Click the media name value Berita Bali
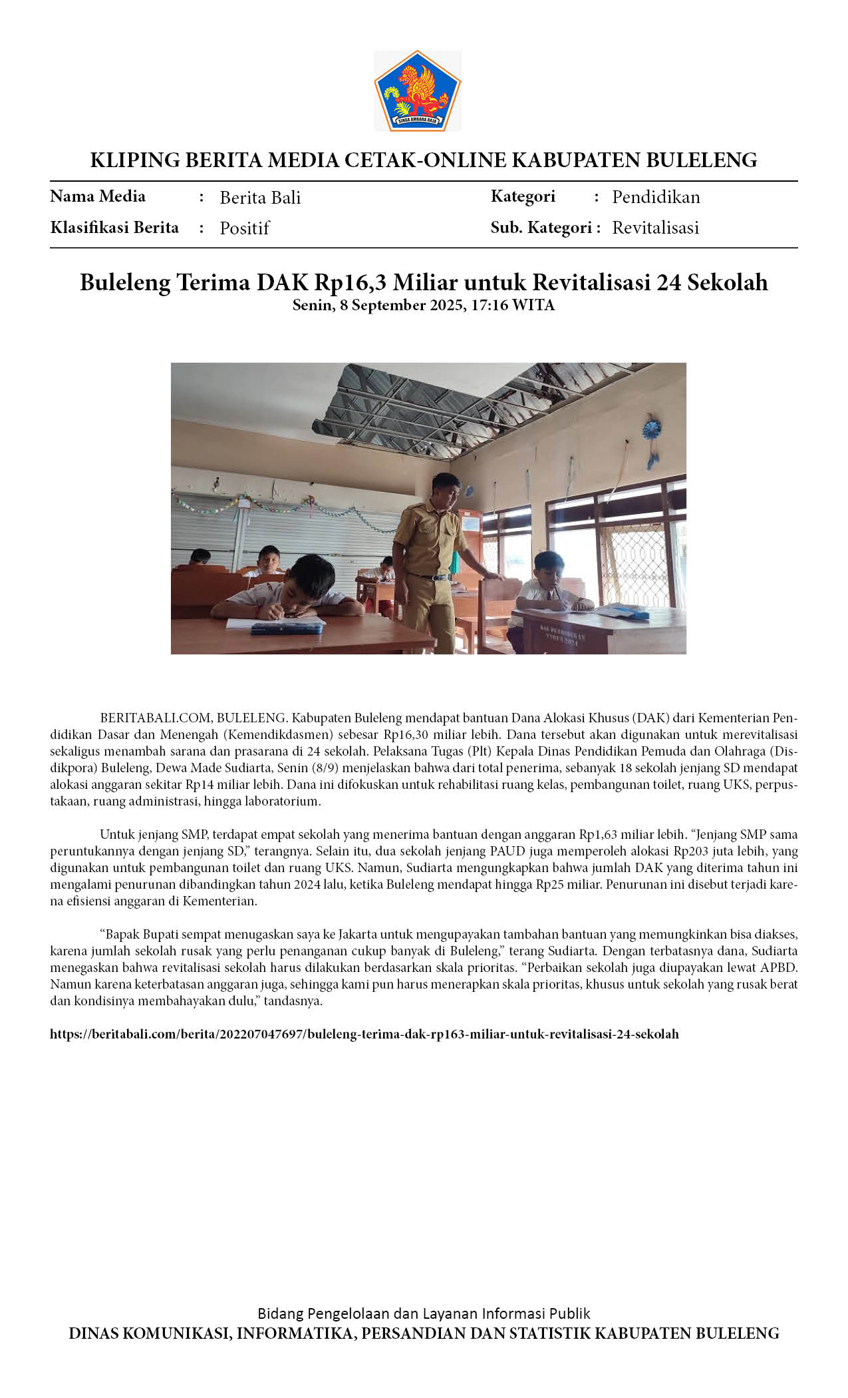click(260, 198)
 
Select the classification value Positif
click(244, 228)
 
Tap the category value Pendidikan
click(656, 197)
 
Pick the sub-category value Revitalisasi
click(655, 228)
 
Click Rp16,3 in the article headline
click(351, 282)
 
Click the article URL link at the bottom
click(364, 1034)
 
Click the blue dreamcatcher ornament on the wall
click(651, 429)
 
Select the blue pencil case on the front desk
click(286, 627)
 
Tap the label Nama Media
click(98, 196)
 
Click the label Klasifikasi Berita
click(114, 228)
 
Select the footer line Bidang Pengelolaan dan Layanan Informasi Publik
click(424, 1313)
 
